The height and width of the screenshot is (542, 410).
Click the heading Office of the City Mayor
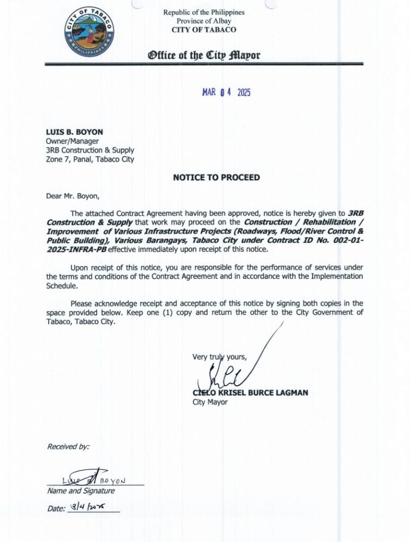204,56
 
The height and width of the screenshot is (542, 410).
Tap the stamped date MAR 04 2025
226,92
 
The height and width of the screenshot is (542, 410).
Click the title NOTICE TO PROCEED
216,177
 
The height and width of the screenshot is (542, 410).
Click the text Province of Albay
204,21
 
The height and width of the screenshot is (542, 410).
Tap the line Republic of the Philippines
204,12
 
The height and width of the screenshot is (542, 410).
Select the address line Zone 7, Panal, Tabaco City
90,159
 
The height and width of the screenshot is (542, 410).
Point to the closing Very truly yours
219,357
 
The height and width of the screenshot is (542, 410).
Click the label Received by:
68,447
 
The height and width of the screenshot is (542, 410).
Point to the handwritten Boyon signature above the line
92,478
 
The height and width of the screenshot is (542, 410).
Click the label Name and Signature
81,491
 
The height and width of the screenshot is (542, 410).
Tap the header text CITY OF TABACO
204,30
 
